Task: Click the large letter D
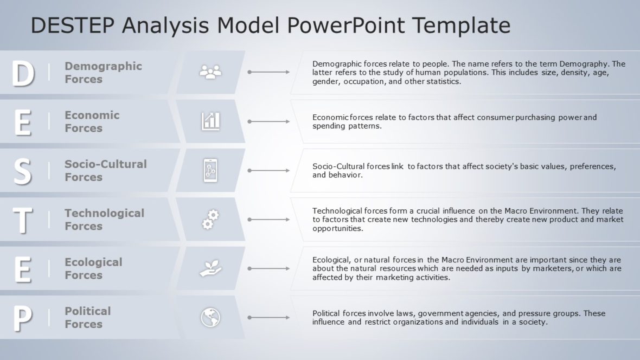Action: tap(23, 73)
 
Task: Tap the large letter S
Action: tap(22, 171)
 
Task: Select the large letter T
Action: tap(22, 220)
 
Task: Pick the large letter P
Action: tap(22, 318)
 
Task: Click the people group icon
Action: tap(210, 72)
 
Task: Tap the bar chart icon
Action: tap(210, 121)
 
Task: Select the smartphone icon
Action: tap(210, 170)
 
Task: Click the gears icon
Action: tap(210, 220)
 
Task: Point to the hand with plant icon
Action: tap(210, 268)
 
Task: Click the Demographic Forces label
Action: tap(103, 73)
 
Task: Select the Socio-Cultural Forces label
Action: tap(105, 170)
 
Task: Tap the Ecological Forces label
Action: tap(93, 268)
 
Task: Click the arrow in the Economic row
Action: tap(268, 121)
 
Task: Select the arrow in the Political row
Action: tap(268, 318)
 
